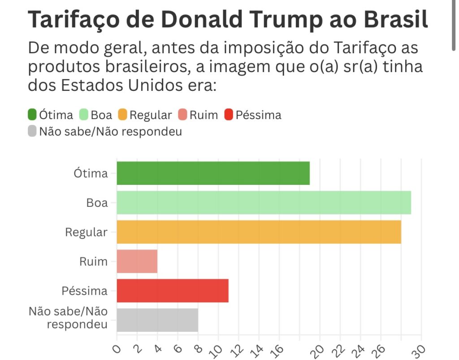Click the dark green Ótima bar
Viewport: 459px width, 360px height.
213,173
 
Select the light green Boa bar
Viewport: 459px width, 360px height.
264,202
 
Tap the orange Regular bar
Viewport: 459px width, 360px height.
259,232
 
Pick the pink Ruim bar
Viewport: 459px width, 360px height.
137,261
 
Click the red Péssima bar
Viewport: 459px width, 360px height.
173,291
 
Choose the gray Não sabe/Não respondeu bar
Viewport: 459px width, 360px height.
157,320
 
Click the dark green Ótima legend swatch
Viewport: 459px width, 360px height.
32,115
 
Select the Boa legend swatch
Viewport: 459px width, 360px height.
84,115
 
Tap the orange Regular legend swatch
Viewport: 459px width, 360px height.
122,115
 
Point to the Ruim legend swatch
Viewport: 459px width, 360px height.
182,115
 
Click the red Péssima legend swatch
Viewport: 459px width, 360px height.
228,115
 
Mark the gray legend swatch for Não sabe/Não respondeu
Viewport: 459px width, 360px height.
32,132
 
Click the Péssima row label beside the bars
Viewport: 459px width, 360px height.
85,291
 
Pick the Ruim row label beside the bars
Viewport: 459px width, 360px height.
93,261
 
